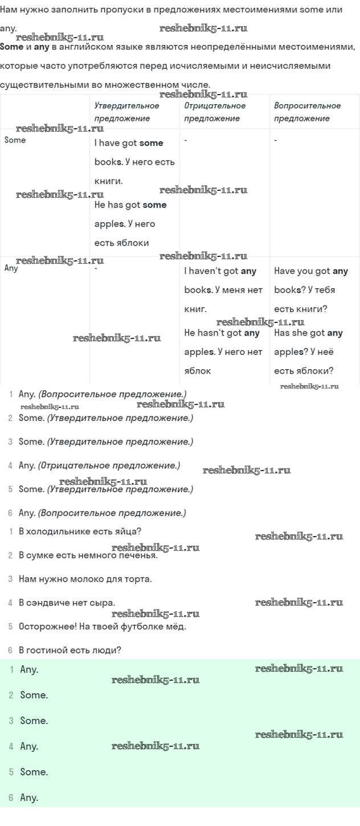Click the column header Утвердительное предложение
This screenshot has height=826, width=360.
pos(126,112)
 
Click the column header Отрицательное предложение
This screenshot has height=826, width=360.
pos(215,112)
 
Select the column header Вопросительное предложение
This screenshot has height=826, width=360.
pos(307,112)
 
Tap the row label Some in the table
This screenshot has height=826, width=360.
pos(15,140)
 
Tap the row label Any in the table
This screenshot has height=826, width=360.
pos(11,268)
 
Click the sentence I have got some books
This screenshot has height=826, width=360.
pos(134,162)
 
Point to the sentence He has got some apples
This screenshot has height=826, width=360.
pos(130,223)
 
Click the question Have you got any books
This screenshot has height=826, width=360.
pos(310,289)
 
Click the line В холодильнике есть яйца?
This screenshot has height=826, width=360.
pos(80,531)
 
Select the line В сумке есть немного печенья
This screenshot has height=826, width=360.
pos(88,555)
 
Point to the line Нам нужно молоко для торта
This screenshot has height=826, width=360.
pos(85,579)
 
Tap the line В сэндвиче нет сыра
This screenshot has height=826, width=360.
pos(67,603)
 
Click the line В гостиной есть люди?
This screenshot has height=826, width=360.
pos(70,650)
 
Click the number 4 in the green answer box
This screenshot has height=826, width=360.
pos(11,746)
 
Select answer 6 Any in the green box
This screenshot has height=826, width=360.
pos(29,798)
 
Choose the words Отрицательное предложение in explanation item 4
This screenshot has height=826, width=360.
pos(109,465)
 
